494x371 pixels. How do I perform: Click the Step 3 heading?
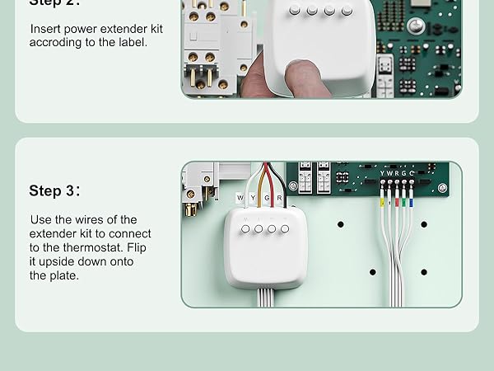coord(56,191)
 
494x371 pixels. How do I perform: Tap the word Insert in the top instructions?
coord(47,29)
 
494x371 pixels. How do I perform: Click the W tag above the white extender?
coord(240,198)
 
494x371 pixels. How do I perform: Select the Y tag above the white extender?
coord(254,198)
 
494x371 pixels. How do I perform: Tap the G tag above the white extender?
coord(267,198)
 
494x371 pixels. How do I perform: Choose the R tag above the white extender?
coord(280,198)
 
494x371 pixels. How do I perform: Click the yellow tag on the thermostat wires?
coord(381,200)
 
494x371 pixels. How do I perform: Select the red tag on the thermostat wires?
coord(396,200)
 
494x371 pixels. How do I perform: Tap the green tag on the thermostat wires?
coord(403,200)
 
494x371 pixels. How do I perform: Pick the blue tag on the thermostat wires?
coord(411,200)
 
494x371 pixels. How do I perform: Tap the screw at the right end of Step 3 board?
coord(442,188)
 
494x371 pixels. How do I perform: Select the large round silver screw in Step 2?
coord(416,27)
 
